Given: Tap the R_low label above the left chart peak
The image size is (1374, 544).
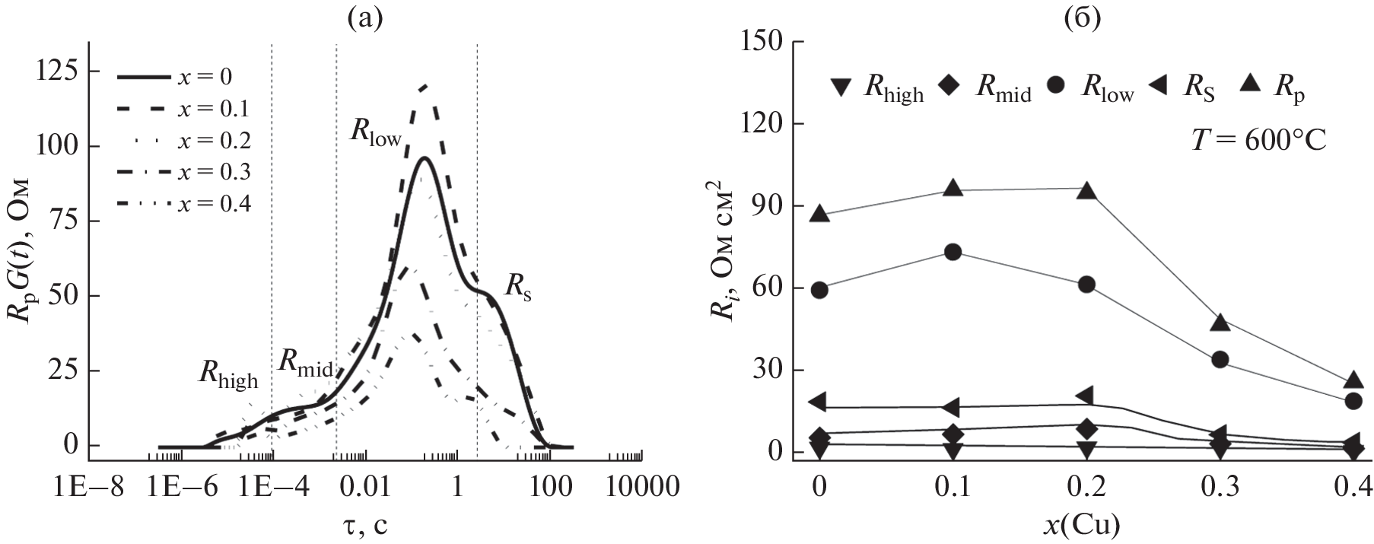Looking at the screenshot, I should (x=375, y=132).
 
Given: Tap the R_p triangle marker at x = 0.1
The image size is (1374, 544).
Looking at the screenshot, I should (x=953, y=188).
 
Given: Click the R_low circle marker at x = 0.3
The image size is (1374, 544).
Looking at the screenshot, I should (x=1220, y=360).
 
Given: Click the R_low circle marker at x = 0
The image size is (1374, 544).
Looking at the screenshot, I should (x=819, y=290).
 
